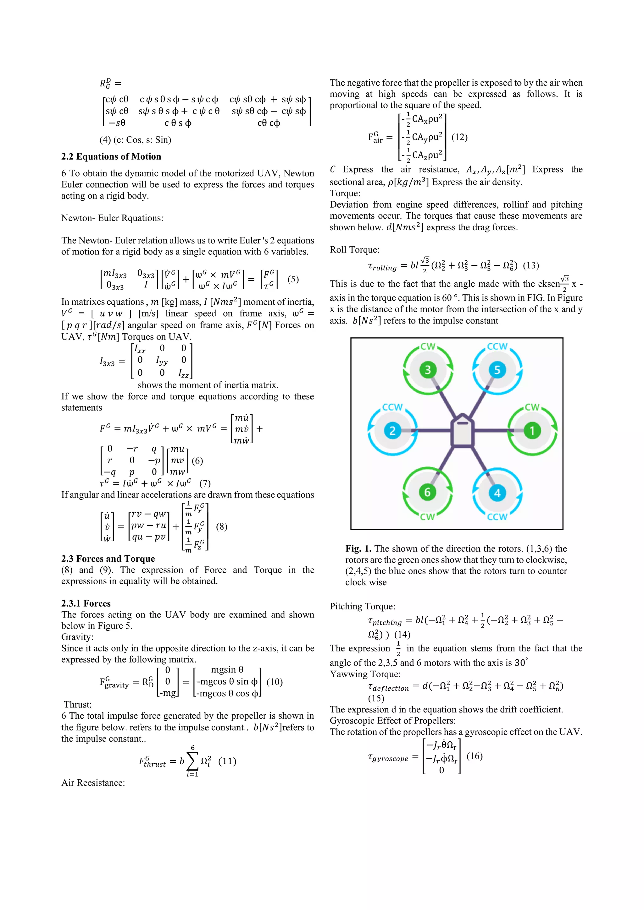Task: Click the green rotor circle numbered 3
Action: (x=428, y=370)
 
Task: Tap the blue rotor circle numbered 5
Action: (x=497, y=370)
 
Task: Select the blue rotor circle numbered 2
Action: (x=392, y=430)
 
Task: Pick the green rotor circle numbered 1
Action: (x=532, y=430)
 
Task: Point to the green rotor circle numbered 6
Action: (x=427, y=492)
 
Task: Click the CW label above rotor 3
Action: (x=428, y=347)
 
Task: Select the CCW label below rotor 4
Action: (x=497, y=517)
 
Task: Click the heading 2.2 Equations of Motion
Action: (x=111, y=156)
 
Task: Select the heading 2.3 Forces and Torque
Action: (x=108, y=559)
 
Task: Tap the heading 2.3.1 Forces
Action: (x=86, y=603)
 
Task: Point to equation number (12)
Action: (x=459, y=137)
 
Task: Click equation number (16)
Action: (x=474, y=756)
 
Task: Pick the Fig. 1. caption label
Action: (x=358, y=548)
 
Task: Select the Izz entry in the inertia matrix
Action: (x=184, y=373)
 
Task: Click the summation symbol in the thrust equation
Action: (x=192, y=761)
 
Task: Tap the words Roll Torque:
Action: (x=354, y=250)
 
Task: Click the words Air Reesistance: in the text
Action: (x=93, y=783)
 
